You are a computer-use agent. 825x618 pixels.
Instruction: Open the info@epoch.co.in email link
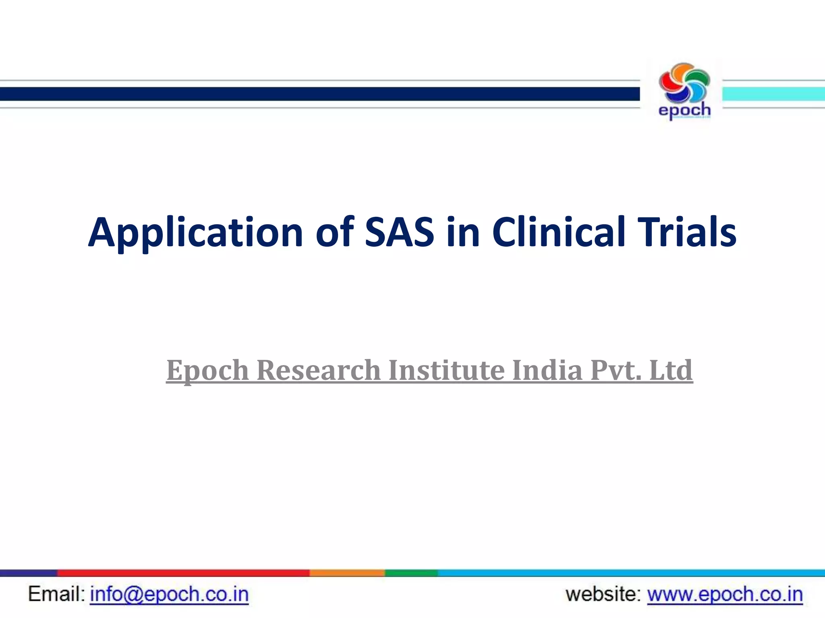pyautogui.click(x=169, y=595)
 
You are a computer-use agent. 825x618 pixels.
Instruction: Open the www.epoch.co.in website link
pyautogui.click(x=725, y=595)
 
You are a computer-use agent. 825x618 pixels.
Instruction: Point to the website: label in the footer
pyautogui.click(x=603, y=595)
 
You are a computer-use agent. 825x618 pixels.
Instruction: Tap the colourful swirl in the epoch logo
pyautogui.click(x=684, y=83)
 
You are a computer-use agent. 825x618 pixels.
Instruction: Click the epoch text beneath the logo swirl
pyautogui.click(x=684, y=110)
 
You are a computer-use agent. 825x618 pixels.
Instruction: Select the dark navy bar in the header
pyautogui.click(x=318, y=94)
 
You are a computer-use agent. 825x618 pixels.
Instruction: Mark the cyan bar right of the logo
pyautogui.click(x=773, y=94)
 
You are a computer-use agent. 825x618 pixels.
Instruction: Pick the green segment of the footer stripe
pyautogui.click(x=411, y=573)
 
